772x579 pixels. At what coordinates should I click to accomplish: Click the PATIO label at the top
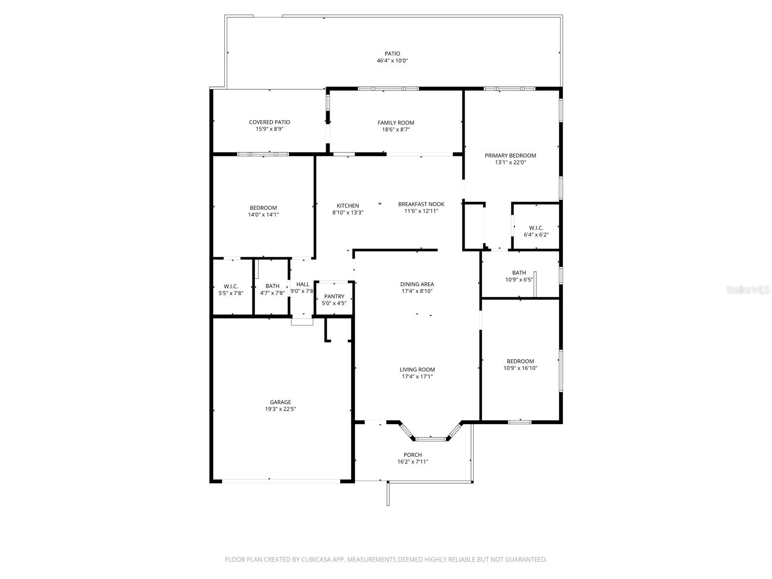point(392,54)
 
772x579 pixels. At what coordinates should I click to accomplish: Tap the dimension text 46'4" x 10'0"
point(392,61)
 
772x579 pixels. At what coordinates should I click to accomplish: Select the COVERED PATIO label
point(269,122)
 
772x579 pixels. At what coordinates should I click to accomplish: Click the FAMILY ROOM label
point(396,123)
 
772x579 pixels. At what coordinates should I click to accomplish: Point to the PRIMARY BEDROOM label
point(510,155)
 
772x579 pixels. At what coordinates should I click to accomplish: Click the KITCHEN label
point(347,206)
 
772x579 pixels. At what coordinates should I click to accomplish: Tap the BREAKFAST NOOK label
point(421,204)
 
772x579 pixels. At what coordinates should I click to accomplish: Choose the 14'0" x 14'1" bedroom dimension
point(263,215)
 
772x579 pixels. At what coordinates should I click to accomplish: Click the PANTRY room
point(334,300)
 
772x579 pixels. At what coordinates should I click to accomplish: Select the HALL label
point(303,284)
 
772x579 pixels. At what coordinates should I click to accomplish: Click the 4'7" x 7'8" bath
point(272,289)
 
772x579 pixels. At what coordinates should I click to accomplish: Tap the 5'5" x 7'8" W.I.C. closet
point(231,289)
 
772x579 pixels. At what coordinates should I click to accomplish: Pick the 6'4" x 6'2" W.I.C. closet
point(536,231)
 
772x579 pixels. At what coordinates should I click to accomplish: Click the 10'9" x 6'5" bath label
point(519,276)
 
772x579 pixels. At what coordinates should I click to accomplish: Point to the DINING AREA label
point(417,284)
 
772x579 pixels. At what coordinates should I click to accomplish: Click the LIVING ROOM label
point(417,370)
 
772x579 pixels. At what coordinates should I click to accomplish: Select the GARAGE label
point(280,402)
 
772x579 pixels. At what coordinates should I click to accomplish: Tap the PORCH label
point(412,455)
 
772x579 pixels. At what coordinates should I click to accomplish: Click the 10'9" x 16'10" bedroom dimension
point(520,368)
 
